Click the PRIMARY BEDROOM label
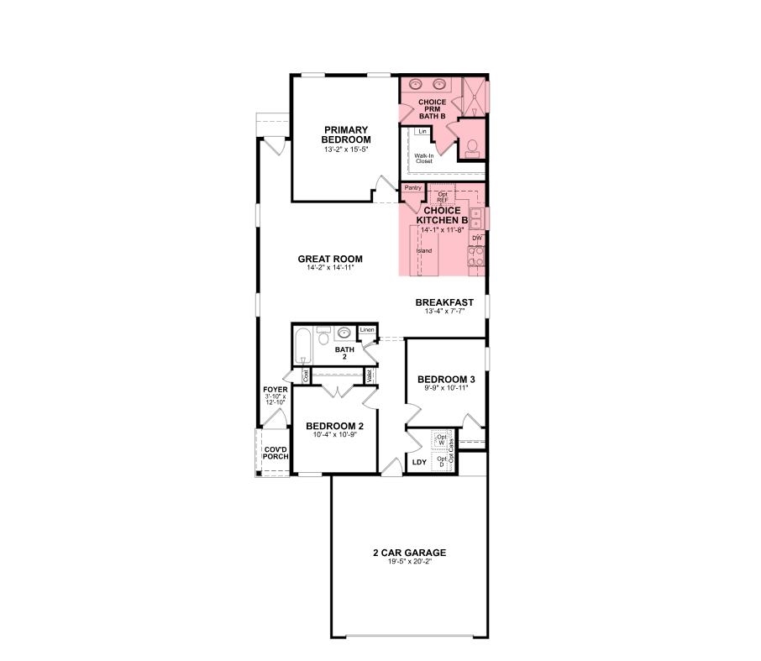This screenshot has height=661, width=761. pyautogui.click(x=347, y=134)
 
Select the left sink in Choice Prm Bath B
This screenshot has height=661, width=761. pyautogui.click(x=416, y=84)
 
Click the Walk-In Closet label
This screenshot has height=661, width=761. pyautogui.click(x=423, y=159)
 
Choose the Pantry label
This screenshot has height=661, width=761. pyautogui.click(x=412, y=188)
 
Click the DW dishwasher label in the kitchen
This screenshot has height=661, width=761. pyautogui.click(x=476, y=239)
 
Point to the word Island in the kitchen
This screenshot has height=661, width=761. pyautogui.click(x=424, y=250)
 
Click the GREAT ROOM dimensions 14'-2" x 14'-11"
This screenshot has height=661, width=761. pyautogui.click(x=330, y=268)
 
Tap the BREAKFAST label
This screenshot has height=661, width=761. pyautogui.click(x=444, y=302)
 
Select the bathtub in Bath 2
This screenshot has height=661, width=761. pyautogui.click(x=302, y=346)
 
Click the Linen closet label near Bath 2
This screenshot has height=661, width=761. pyautogui.click(x=366, y=330)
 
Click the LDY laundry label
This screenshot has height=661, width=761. pyautogui.click(x=418, y=462)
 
